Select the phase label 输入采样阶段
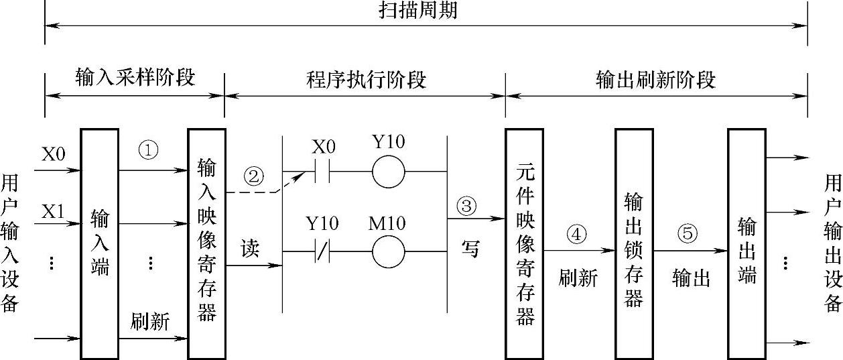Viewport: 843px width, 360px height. [135, 78]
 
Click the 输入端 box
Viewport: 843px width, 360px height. [99, 244]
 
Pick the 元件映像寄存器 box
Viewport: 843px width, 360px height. [524, 244]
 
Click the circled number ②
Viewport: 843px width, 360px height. [253, 177]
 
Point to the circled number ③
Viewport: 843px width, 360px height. [467, 204]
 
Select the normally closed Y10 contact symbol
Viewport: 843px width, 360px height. [322, 252]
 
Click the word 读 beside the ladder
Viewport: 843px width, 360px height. [250, 249]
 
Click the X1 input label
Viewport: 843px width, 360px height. [54, 213]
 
